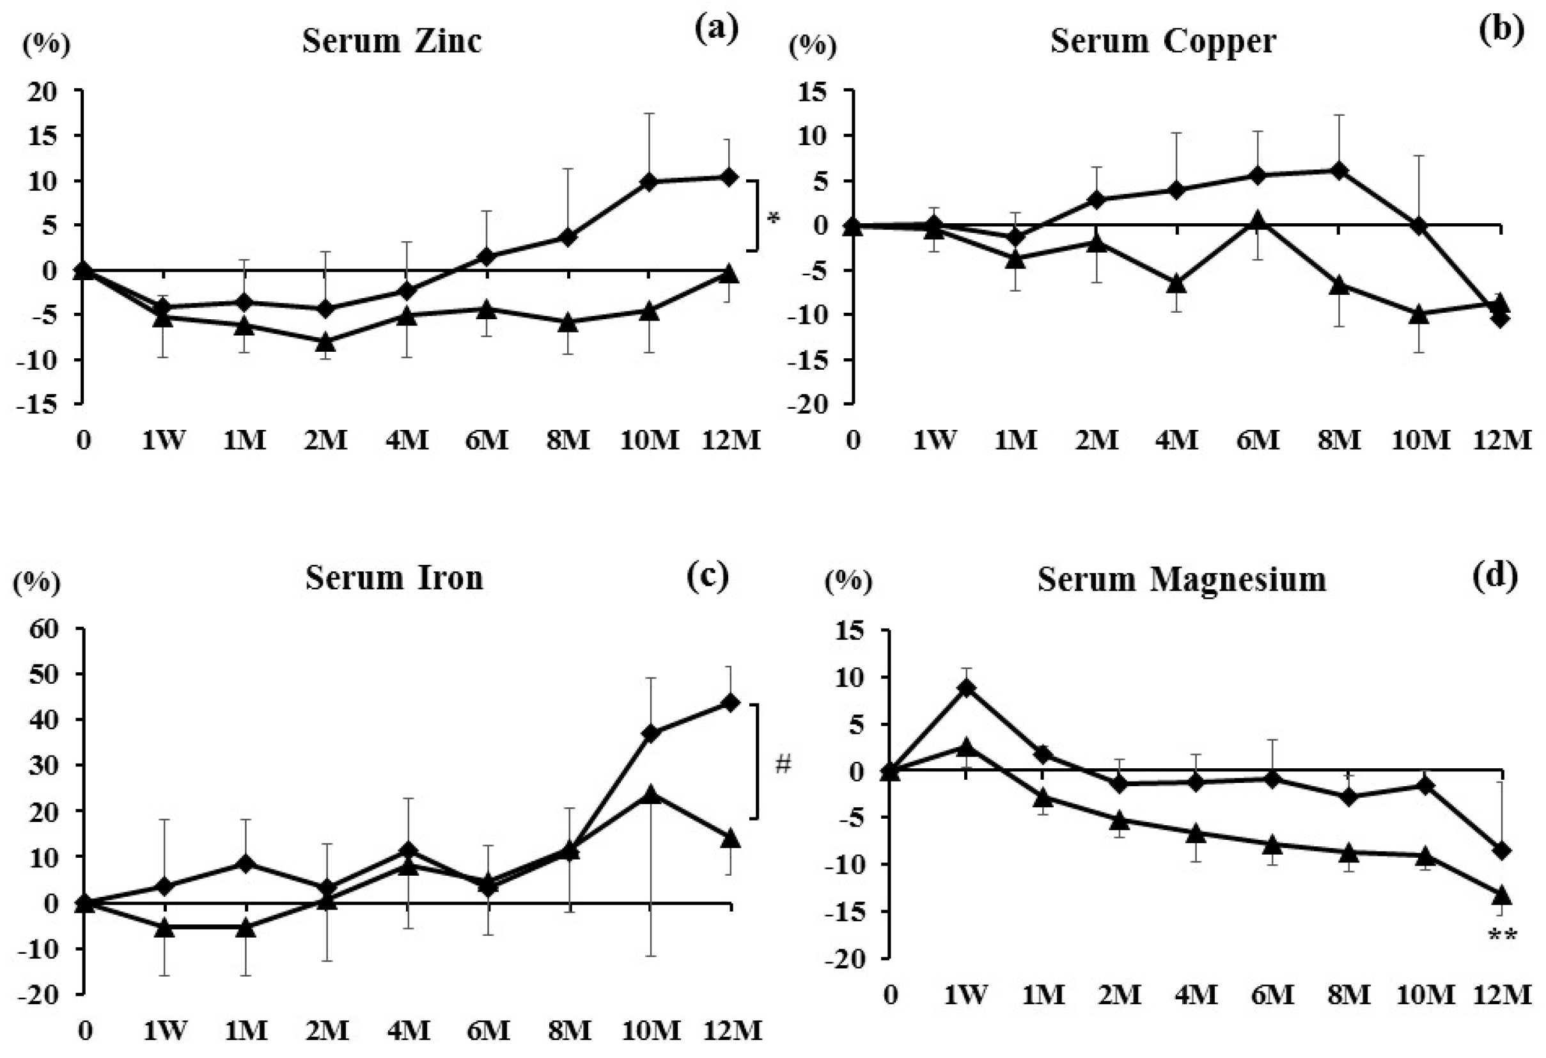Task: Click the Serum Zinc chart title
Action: (x=392, y=41)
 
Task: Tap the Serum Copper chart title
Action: (x=1163, y=41)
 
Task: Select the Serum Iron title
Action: (x=394, y=578)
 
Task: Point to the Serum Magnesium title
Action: (x=1182, y=579)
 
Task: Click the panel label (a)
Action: (x=717, y=29)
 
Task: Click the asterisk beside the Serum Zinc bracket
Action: (x=773, y=218)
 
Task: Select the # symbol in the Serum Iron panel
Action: (x=783, y=764)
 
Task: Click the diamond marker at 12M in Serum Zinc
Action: (x=729, y=177)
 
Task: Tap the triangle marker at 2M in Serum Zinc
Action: (x=325, y=342)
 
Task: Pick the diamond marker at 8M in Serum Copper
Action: (x=1339, y=171)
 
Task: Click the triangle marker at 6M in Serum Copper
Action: (x=1257, y=221)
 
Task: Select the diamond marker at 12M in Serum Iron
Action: (x=730, y=703)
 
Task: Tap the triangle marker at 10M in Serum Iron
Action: (x=650, y=793)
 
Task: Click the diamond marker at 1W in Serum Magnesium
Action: (x=966, y=688)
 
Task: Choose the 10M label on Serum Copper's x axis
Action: (x=1420, y=440)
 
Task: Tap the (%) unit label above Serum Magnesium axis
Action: (x=848, y=581)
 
